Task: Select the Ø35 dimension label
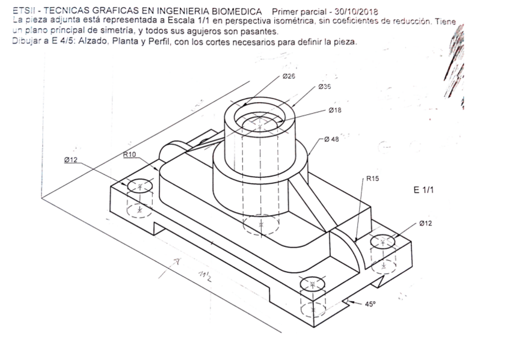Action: pyautogui.click(x=324, y=87)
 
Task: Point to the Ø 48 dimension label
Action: pyautogui.click(x=331, y=139)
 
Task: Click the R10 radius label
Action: pyautogui.click(x=129, y=154)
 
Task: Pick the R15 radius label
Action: pyautogui.click(x=373, y=179)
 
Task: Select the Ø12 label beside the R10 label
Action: pyautogui.click(x=71, y=160)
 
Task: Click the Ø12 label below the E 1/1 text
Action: pyautogui.click(x=425, y=223)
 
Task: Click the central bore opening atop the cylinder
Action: pyautogui.click(x=260, y=119)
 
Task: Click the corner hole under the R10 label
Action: pyautogui.click(x=140, y=186)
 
